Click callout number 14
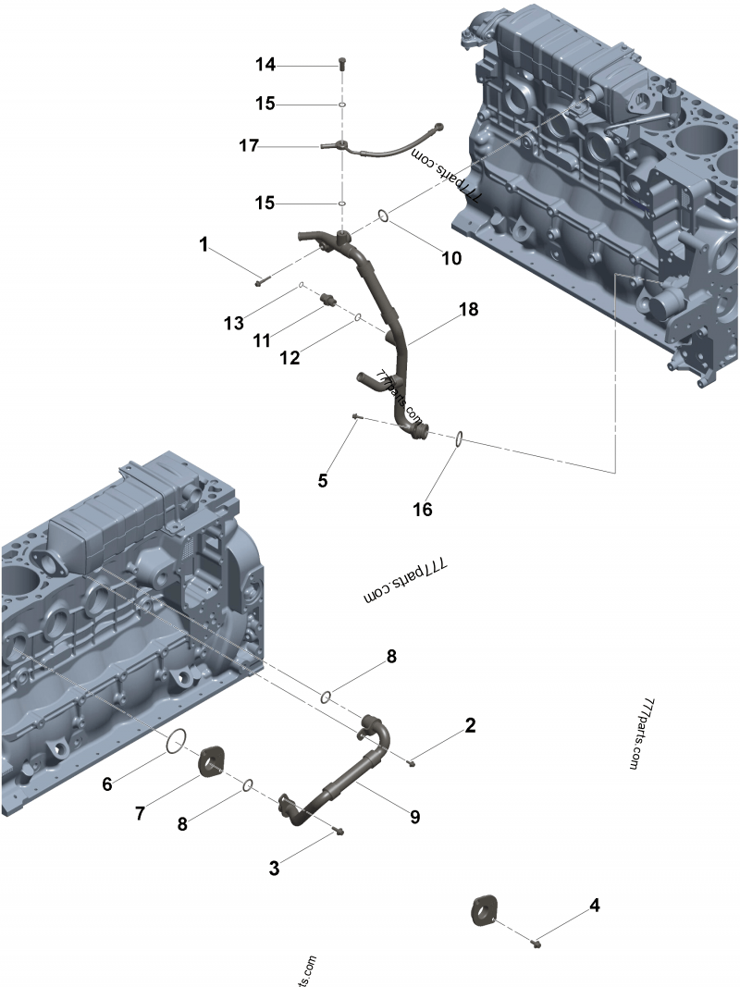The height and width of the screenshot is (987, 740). point(265,65)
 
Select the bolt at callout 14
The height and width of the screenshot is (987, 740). point(342,64)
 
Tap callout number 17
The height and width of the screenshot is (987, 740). point(248,146)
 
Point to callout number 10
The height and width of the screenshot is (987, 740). point(450,258)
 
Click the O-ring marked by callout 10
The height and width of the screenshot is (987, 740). point(382,216)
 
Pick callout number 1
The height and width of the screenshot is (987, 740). point(203,244)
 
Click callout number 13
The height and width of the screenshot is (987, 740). point(233,323)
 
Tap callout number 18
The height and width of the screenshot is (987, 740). point(469,310)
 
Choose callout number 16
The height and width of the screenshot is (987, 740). point(422,509)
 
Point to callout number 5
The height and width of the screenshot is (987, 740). point(322,480)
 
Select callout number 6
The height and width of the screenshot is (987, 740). point(107,784)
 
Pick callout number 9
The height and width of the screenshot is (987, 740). point(415,817)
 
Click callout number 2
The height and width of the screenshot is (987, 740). point(471,725)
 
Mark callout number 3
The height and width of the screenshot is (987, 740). point(274,868)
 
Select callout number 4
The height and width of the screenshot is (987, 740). point(595,905)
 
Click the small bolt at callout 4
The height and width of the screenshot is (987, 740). point(536,943)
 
